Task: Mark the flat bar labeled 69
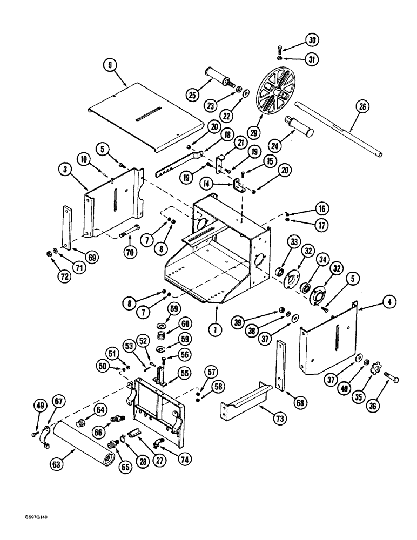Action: click(66, 227)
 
